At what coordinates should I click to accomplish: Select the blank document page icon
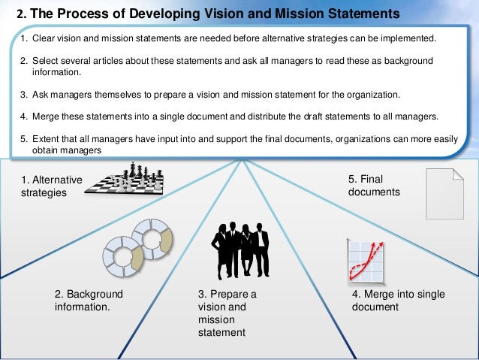tap(444, 193)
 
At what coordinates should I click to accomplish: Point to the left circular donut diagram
tap(123, 256)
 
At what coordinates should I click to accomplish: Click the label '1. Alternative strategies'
tap(52, 186)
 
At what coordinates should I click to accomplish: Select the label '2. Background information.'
tap(89, 301)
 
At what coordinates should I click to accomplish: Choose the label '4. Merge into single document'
tap(398, 301)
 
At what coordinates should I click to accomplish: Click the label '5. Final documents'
tap(374, 186)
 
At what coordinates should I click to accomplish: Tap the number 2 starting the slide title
tap(20, 14)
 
